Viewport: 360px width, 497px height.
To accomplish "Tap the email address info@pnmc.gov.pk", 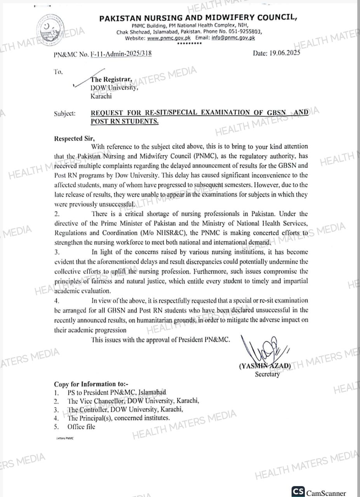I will (x=233, y=38).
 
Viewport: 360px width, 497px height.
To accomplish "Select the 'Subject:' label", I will (x=65, y=114).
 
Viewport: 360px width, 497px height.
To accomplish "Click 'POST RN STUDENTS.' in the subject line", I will (x=125, y=121).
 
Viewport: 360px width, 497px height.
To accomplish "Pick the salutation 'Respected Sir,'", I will (x=74, y=138).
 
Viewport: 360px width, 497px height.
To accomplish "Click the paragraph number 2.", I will (x=56, y=214).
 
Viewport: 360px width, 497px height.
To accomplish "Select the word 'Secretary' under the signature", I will (x=267, y=374).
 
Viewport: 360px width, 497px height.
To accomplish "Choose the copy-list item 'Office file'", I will (x=81, y=426).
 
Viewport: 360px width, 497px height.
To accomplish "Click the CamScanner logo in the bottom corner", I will (x=298, y=492).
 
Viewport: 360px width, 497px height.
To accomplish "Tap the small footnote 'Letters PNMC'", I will (x=65, y=438).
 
